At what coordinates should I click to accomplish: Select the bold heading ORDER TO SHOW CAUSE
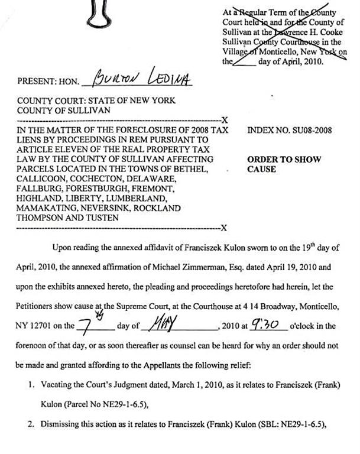[x=275, y=164]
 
